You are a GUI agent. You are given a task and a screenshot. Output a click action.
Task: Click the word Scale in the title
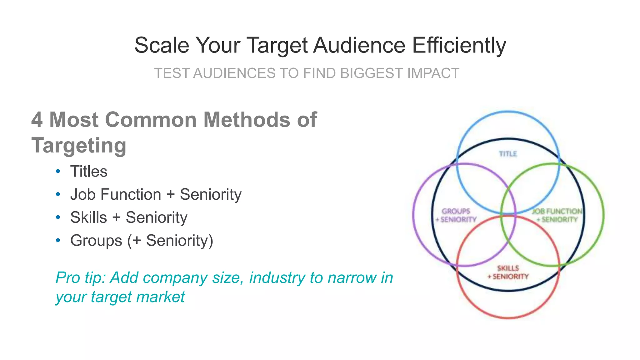(x=162, y=46)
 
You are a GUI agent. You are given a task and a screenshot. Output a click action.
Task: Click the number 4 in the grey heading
(x=37, y=120)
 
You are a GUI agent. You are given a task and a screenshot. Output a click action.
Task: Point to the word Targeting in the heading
(x=79, y=146)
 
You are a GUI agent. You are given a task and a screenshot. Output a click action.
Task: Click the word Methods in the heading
(x=247, y=120)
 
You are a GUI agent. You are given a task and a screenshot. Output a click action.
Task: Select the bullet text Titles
(x=89, y=172)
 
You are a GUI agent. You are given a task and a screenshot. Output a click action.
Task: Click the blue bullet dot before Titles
(x=58, y=171)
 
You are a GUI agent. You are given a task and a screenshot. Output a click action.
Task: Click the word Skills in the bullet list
(x=88, y=217)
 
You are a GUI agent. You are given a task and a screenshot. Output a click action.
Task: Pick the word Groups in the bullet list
(x=96, y=241)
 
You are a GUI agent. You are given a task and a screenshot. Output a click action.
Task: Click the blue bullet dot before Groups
(x=58, y=240)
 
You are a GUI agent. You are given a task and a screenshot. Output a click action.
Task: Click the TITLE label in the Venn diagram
(x=508, y=154)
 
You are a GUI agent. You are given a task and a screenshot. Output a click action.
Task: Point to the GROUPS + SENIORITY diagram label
(x=456, y=215)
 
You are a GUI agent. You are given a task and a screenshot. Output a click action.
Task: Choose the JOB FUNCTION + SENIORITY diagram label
(x=557, y=215)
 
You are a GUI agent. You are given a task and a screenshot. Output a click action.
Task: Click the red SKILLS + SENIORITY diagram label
(x=508, y=272)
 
